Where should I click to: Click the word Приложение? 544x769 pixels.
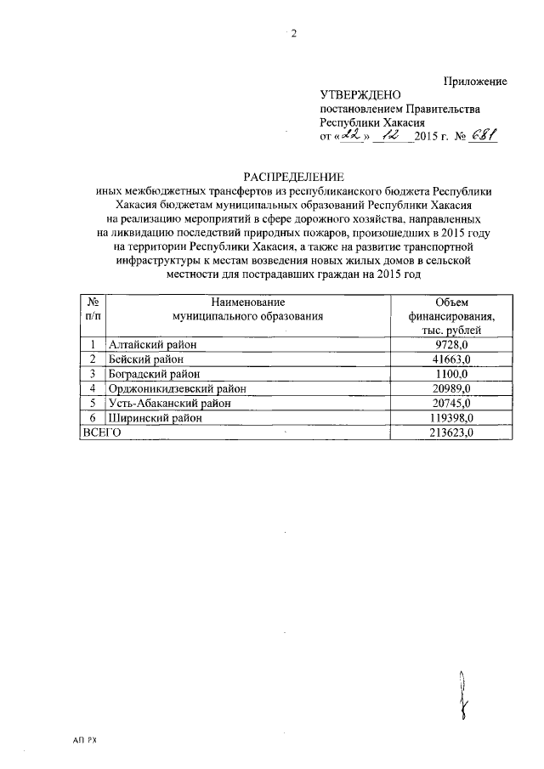click(x=476, y=81)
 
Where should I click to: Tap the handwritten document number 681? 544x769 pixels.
click(x=480, y=136)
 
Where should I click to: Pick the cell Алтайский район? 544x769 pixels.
click(x=152, y=344)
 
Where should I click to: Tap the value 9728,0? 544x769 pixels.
click(x=451, y=344)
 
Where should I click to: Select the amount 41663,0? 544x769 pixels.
click(x=451, y=359)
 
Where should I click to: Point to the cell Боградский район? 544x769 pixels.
click(x=154, y=374)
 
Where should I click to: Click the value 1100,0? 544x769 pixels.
click(x=451, y=374)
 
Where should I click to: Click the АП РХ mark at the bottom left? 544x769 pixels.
click(x=86, y=741)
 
